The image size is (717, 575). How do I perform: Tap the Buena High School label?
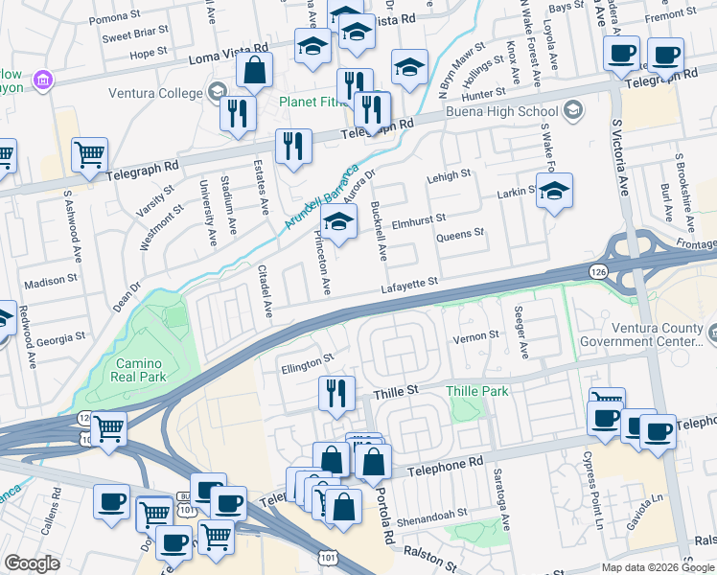tap(517, 111)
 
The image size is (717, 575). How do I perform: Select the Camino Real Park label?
tap(141, 370)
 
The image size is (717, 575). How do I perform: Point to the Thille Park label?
tap(476, 391)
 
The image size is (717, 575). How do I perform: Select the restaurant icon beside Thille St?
tap(336, 393)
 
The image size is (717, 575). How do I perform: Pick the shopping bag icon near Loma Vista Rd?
tap(254, 70)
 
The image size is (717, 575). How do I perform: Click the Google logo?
tap(32, 563)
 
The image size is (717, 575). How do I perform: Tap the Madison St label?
tap(50, 281)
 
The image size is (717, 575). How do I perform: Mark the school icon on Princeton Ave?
tap(337, 223)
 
